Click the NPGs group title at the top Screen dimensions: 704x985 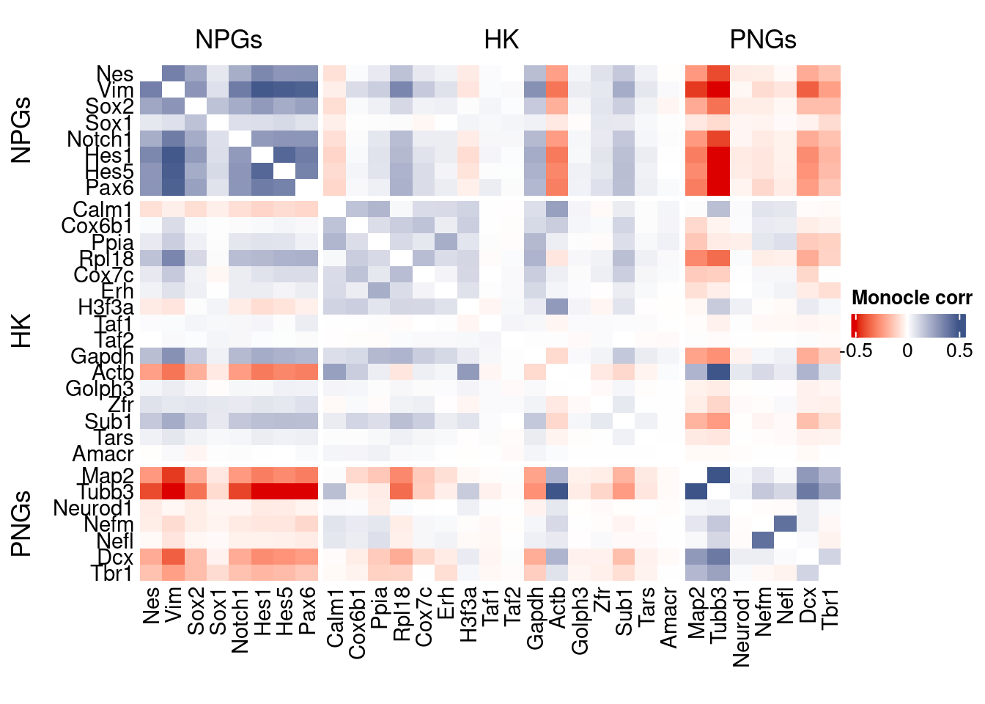229,40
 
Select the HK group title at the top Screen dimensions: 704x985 501,40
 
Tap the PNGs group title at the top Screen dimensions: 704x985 762,40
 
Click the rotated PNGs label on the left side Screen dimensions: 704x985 22,524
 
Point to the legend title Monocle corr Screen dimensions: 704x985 912,298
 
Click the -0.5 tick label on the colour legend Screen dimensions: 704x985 855,351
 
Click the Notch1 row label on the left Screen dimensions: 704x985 100,139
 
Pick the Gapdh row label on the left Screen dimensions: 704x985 102,356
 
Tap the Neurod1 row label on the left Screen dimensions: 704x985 93,508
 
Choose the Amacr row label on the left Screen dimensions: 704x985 103,454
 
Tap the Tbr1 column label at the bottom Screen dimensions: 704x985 830,608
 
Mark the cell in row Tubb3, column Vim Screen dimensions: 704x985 173,491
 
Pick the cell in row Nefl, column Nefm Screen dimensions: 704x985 763,540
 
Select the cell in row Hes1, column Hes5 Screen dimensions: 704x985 284,155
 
